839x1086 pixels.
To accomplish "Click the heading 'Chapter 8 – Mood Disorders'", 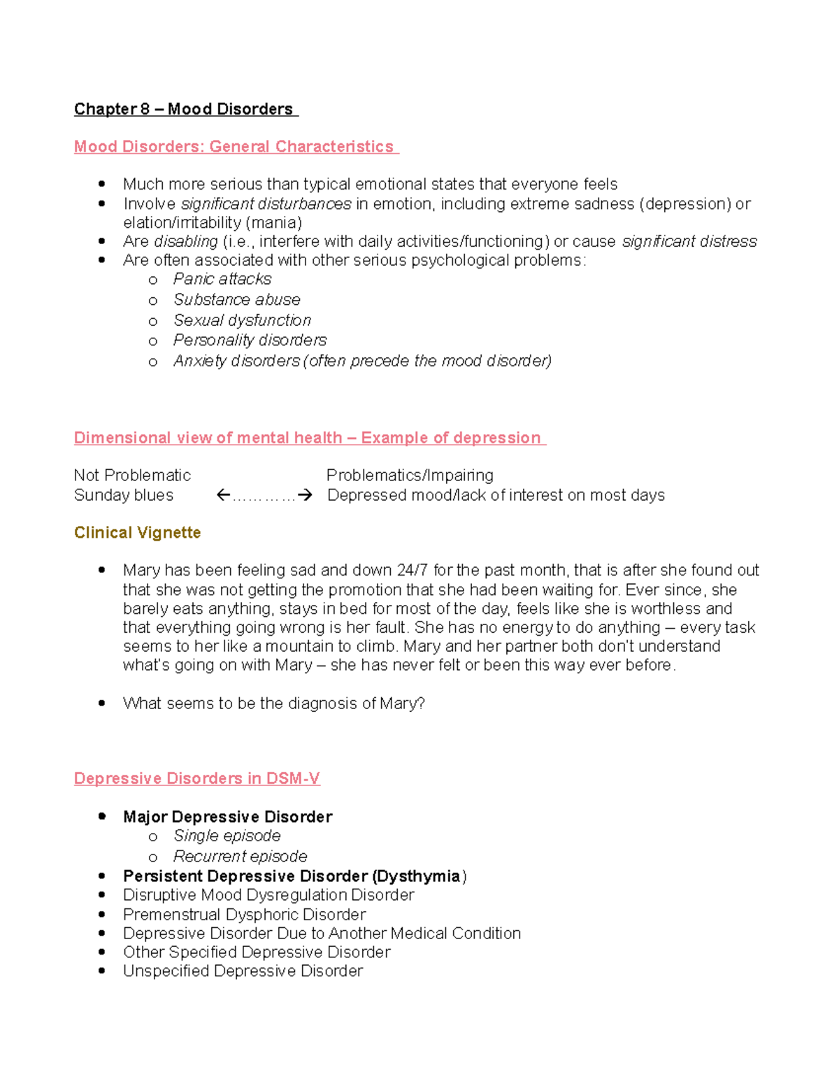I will (x=185, y=109).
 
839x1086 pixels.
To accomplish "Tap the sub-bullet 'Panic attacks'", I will (x=222, y=279).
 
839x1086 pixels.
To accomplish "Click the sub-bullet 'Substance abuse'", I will (x=237, y=299).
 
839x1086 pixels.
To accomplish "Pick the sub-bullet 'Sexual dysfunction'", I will (x=242, y=320).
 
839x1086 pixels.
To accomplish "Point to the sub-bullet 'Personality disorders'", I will (x=250, y=340).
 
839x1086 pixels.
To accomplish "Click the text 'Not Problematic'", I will (x=132, y=476).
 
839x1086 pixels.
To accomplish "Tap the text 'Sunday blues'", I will (x=124, y=495).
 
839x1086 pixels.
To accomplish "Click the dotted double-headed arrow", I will (x=264, y=496).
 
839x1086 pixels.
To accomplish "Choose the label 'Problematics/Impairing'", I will (x=410, y=476).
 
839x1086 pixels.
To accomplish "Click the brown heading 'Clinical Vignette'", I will (x=138, y=533).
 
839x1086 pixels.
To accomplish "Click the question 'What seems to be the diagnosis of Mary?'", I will (x=273, y=703).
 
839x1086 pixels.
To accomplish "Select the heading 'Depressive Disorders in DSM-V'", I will (x=197, y=779).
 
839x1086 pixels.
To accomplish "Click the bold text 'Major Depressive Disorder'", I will (x=227, y=817).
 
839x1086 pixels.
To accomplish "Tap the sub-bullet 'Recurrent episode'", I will (x=240, y=857).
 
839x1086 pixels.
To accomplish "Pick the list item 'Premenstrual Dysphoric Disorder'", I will (x=244, y=915).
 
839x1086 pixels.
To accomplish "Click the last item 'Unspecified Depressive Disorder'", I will (x=243, y=971).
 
